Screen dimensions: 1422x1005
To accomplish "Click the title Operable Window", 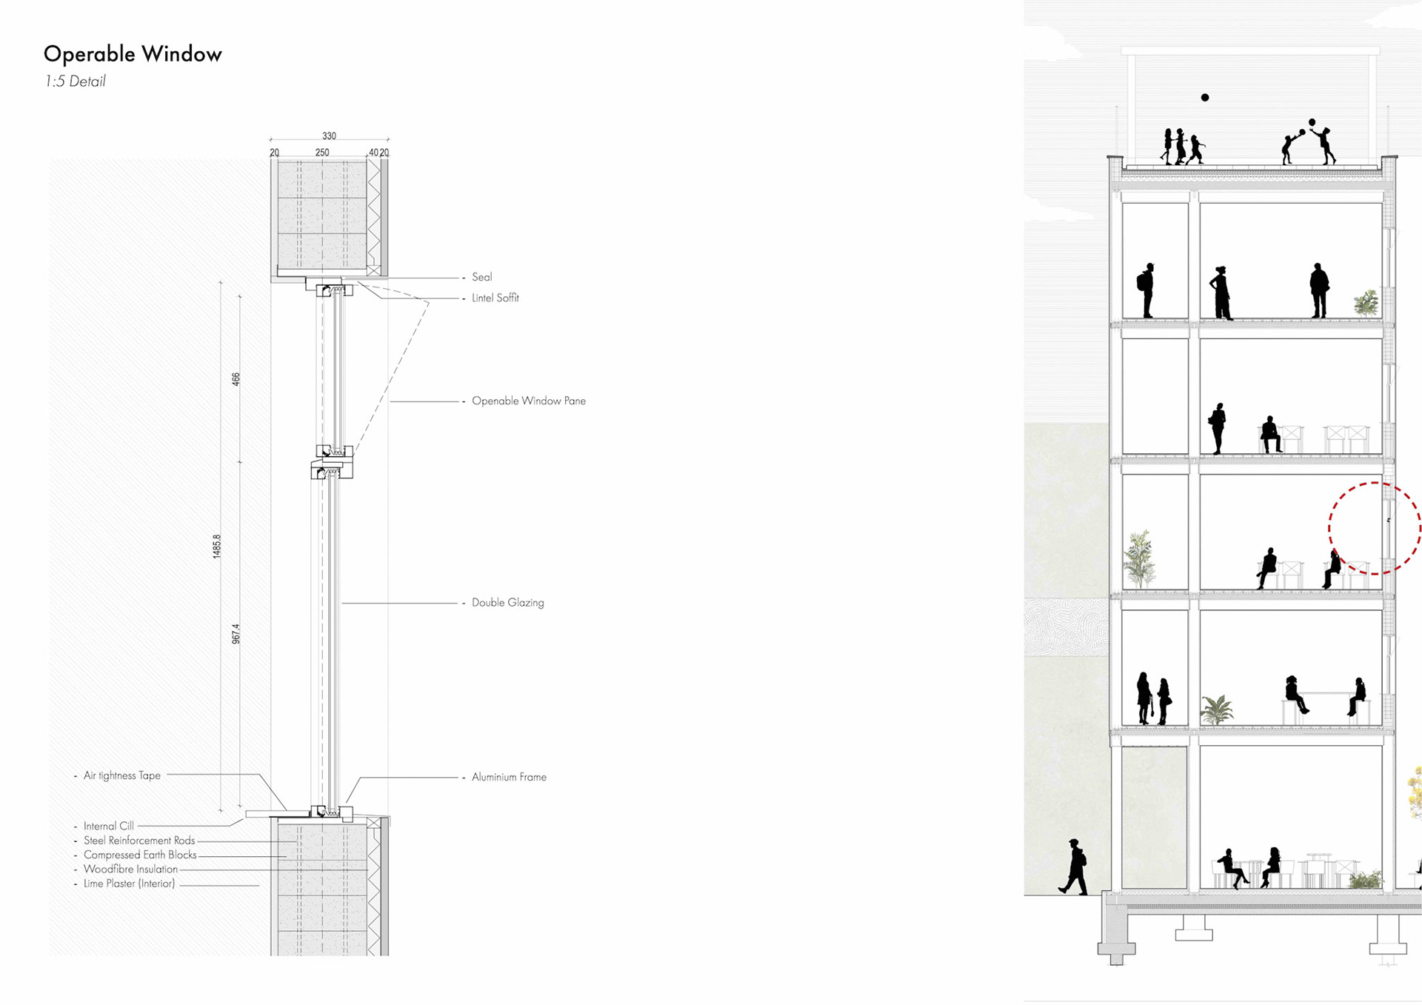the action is coord(133,54).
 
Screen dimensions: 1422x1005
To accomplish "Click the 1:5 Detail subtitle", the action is coord(75,81).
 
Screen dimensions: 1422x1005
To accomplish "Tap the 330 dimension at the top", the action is coord(329,136).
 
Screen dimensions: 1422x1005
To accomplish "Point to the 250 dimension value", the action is coord(322,153).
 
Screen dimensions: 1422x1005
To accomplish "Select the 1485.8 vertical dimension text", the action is coord(217,547).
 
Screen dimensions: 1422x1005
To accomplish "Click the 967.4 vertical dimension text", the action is coord(236,634).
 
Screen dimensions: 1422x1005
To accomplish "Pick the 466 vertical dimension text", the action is coord(236,379).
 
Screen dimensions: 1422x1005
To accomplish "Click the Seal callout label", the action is coord(481,277).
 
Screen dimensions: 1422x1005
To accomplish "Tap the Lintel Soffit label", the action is coord(495,298).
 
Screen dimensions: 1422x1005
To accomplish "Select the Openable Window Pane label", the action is coord(528,401).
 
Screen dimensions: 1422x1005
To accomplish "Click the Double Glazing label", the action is coord(507,603).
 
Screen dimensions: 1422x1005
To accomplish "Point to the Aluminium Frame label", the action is coord(509,777).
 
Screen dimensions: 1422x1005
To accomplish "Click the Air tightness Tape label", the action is coord(121,775).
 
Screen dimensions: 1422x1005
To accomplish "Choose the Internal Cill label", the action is coord(108,826).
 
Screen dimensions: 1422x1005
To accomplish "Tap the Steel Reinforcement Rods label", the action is coord(139,841).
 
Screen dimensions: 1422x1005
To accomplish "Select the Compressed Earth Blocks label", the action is coord(140,855).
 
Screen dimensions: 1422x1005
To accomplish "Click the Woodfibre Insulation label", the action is coord(130,869).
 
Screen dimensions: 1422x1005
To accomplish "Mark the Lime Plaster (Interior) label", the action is coord(129,884).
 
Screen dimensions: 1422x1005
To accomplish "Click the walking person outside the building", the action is coord(1074,867).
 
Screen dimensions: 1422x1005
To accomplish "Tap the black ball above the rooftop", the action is coord(1205,98).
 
